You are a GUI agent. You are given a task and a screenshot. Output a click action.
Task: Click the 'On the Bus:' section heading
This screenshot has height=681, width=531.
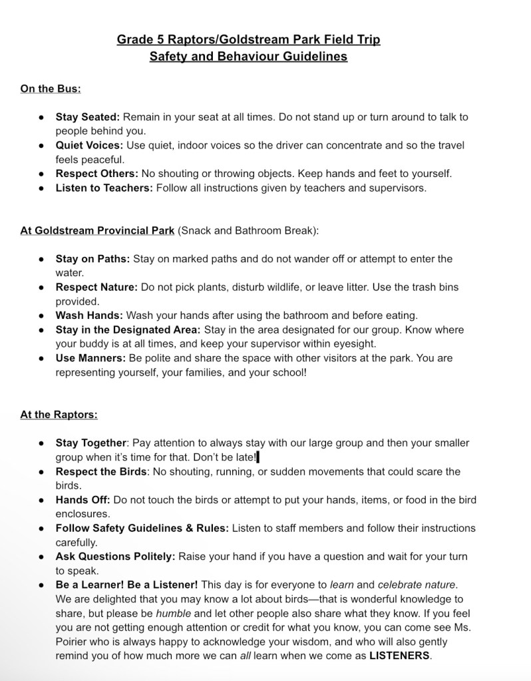51,88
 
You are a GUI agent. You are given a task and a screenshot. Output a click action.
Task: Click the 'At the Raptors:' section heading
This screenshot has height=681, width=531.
59,414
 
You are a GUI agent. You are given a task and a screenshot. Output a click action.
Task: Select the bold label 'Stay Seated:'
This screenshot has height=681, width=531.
88,116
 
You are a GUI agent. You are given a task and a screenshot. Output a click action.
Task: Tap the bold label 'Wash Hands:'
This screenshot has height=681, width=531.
89,316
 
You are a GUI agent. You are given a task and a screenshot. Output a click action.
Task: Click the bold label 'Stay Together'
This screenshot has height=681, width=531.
90,443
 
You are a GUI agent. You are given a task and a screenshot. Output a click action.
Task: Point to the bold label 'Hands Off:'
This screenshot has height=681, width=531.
83,500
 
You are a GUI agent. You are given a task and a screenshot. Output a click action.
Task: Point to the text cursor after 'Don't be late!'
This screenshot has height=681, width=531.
257,457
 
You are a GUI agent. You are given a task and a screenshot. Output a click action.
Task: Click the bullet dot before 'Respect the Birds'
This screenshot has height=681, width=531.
41,471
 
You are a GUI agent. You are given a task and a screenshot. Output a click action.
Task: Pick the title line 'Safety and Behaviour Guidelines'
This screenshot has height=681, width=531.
248,57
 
